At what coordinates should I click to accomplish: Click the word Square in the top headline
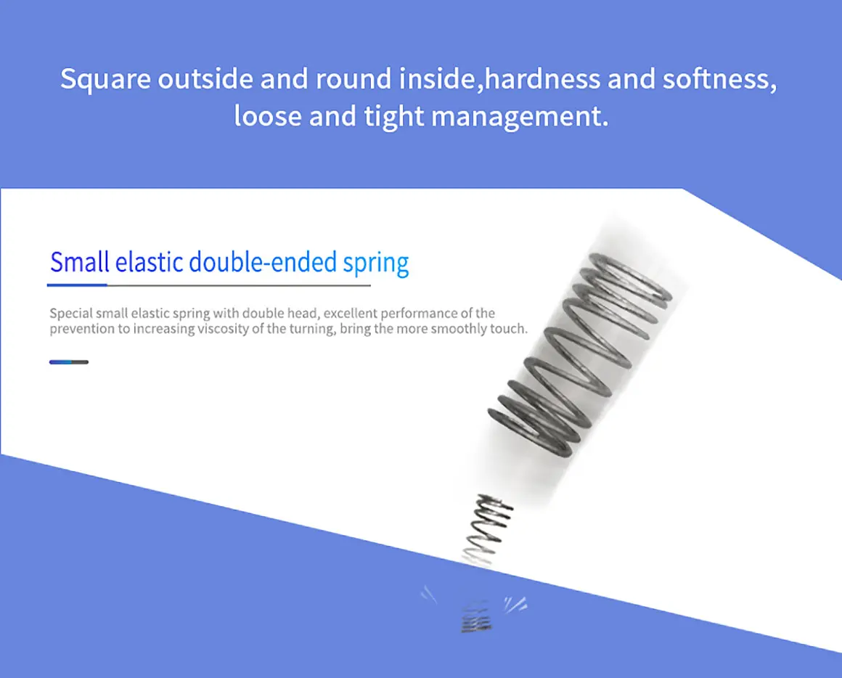tap(105, 79)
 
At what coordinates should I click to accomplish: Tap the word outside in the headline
tap(205, 78)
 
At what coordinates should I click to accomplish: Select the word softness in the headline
tap(719, 78)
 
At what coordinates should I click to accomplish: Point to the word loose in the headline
tap(268, 115)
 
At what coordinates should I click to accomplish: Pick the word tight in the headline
tap(393, 116)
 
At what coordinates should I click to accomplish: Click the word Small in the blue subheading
tap(79, 262)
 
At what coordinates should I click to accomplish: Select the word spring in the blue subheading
tap(376, 264)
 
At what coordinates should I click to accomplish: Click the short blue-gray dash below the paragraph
tap(69, 362)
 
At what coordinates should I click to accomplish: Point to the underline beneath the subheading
tap(209, 285)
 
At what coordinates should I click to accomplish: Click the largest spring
tap(580, 354)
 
